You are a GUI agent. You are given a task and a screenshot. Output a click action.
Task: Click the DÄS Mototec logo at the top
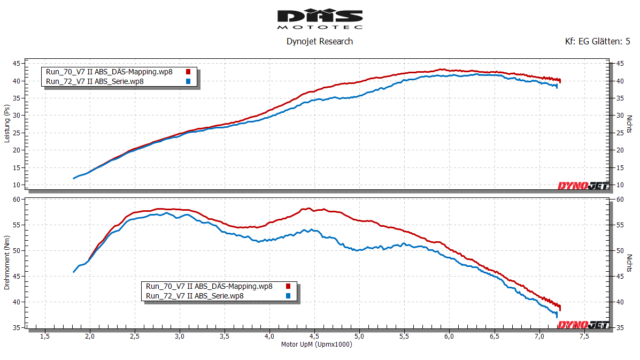(320, 19)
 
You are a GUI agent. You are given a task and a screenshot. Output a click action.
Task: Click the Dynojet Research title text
(320, 41)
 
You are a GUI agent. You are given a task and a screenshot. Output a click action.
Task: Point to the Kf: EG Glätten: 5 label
(597, 41)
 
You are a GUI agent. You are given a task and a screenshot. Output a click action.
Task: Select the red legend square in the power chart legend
(188, 72)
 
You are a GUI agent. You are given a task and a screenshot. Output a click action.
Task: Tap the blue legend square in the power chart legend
(188, 81)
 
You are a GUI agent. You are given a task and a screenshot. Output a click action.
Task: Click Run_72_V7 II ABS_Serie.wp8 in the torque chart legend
(195, 296)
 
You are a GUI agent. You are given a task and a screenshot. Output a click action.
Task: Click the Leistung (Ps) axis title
(7, 124)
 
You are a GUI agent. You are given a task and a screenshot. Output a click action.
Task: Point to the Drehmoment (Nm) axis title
(7, 262)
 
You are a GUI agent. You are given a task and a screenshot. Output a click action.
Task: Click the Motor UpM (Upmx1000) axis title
(317, 344)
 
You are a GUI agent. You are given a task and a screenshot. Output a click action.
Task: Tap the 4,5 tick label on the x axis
(314, 336)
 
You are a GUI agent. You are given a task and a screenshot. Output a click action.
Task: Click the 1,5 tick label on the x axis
(45, 336)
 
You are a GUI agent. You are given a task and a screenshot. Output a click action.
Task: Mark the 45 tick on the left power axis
(17, 64)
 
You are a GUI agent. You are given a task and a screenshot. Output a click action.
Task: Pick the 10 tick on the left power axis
(17, 185)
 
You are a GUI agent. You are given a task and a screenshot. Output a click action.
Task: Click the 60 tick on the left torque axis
(17, 200)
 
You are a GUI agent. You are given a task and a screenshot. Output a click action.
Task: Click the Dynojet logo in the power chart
(583, 186)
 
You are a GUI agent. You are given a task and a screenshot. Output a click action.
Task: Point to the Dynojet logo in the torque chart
(583, 325)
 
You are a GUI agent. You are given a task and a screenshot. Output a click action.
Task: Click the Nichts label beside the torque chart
(629, 262)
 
